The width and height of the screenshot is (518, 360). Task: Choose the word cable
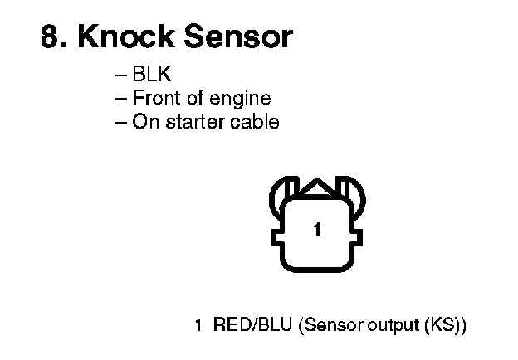256,122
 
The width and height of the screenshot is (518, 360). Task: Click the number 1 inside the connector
316,230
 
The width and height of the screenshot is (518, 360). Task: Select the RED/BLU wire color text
252,324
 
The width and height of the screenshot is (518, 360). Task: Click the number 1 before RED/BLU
198,324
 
